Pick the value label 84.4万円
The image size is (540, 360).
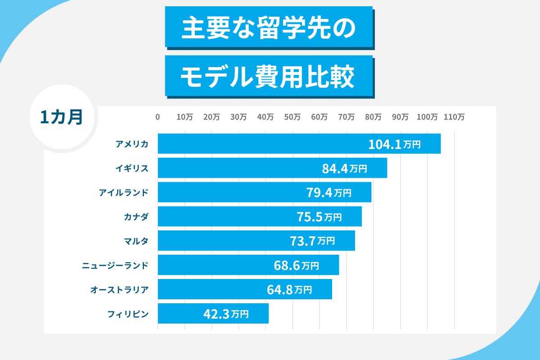[x=345, y=169]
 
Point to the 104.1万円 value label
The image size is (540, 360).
[x=394, y=144]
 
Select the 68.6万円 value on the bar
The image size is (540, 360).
[x=296, y=265]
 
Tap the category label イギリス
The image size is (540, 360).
[x=131, y=168]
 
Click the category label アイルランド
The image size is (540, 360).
[x=123, y=193]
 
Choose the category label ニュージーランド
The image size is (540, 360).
[x=115, y=265]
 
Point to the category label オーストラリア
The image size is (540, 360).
[x=119, y=290]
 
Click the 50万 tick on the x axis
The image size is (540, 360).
[x=292, y=117]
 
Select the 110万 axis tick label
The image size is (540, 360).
[x=454, y=117]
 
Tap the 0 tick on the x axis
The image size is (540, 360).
[x=157, y=117]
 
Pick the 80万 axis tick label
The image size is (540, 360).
[x=373, y=117]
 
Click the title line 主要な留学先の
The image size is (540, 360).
[x=269, y=28]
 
